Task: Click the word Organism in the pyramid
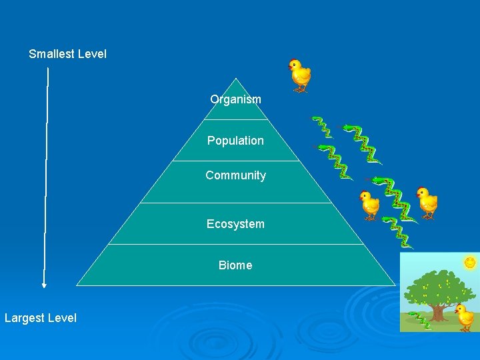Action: click(235, 99)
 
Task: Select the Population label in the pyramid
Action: click(235, 141)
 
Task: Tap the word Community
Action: click(235, 175)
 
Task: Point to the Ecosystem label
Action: click(235, 224)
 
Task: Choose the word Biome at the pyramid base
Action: click(235, 265)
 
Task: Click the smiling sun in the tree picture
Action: click(470, 263)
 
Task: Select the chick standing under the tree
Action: click(464, 317)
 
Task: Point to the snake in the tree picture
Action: click(420, 320)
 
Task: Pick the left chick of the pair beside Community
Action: click(369, 205)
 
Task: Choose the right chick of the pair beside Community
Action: click(426, 201)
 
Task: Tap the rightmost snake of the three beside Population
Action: click(363, 143)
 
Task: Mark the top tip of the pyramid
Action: click(235, 79)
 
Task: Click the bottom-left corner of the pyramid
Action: click(77, 285)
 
